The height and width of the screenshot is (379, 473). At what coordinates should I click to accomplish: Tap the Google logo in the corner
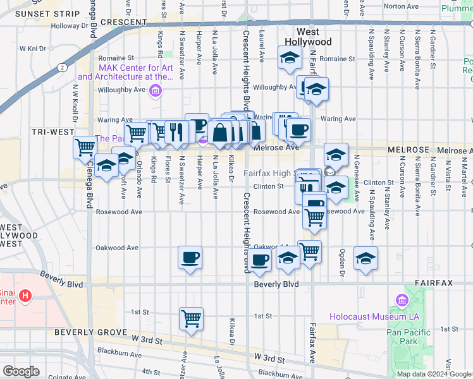[21, 371]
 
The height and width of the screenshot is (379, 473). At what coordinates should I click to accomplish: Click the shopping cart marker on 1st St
[191, 318]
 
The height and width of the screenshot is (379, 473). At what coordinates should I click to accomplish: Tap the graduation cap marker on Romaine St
[289, 59]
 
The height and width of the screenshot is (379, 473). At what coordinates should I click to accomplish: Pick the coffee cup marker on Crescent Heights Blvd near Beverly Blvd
[259, 260]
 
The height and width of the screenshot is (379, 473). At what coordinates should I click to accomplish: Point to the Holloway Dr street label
[73, 26]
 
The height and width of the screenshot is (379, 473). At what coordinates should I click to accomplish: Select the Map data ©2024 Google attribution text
[434, 374]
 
